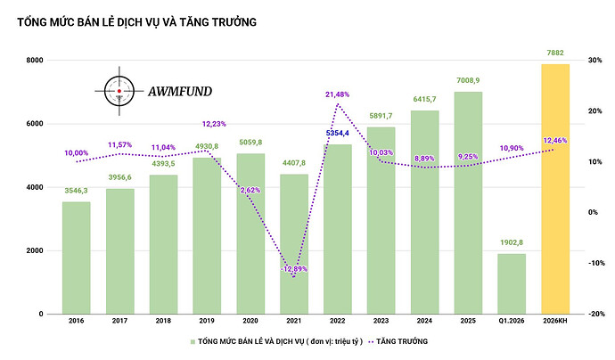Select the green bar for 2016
pyautogui.click(x=76, y=258)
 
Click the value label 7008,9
pyautogui.click(x=467, y=80)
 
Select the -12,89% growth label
pyautogui.click(x=294, y=268)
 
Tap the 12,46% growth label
pyautogui.click(x=554, y=141)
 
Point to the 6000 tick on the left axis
pyautogui.click(x=36, y=123)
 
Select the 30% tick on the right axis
pyautogui.click(x=590, y=60)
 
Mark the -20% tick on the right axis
pyautogui.click(x=591, y=314)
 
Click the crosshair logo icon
pyautogui.click(x=119, y=91)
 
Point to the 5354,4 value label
pyautogui.click(x=337, y=133)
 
